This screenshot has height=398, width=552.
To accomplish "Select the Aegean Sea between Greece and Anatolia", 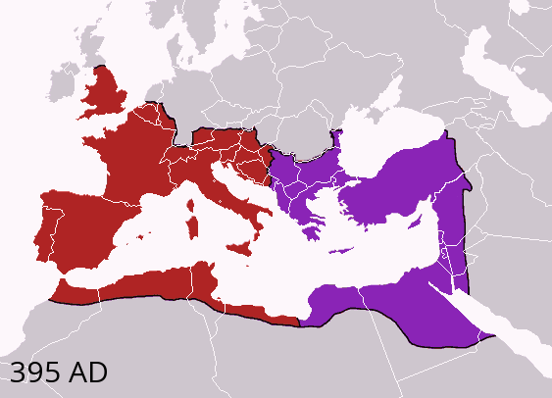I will (333, 206).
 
